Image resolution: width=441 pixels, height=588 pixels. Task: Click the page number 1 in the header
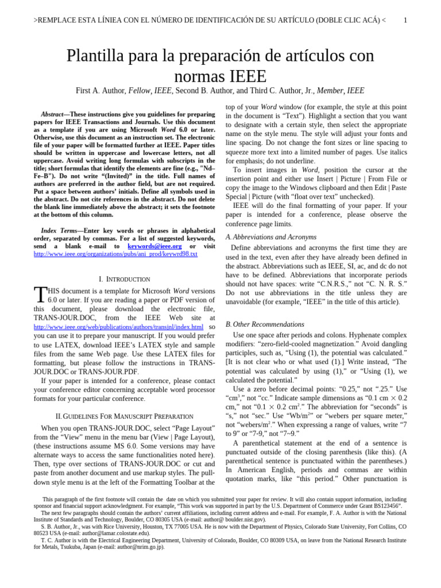click(x=405, y=21)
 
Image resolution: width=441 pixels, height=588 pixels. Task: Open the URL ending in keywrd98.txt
click(x=115, y=254)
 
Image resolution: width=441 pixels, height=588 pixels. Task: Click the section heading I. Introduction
click(x=125, y=279)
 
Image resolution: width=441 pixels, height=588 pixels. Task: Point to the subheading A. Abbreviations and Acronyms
click(x=271, y=237)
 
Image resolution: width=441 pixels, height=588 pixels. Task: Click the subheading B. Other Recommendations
click(x=265, y=324)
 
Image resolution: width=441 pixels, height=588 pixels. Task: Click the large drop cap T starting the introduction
click(x=40, y=295)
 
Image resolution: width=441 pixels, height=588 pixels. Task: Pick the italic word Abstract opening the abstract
click(x=52, y=114)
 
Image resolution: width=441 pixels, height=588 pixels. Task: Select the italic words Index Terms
click(x=60, y=230)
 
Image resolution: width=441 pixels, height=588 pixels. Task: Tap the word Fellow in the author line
click(x=140, y=91)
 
